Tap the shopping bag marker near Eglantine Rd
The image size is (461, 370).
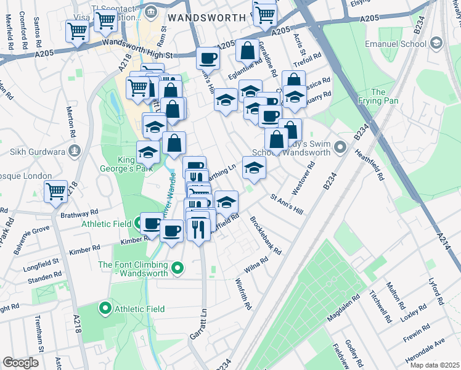coord(247,51)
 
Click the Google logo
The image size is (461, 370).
coord(20,363)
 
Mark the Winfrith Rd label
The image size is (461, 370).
coord(244,294)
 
